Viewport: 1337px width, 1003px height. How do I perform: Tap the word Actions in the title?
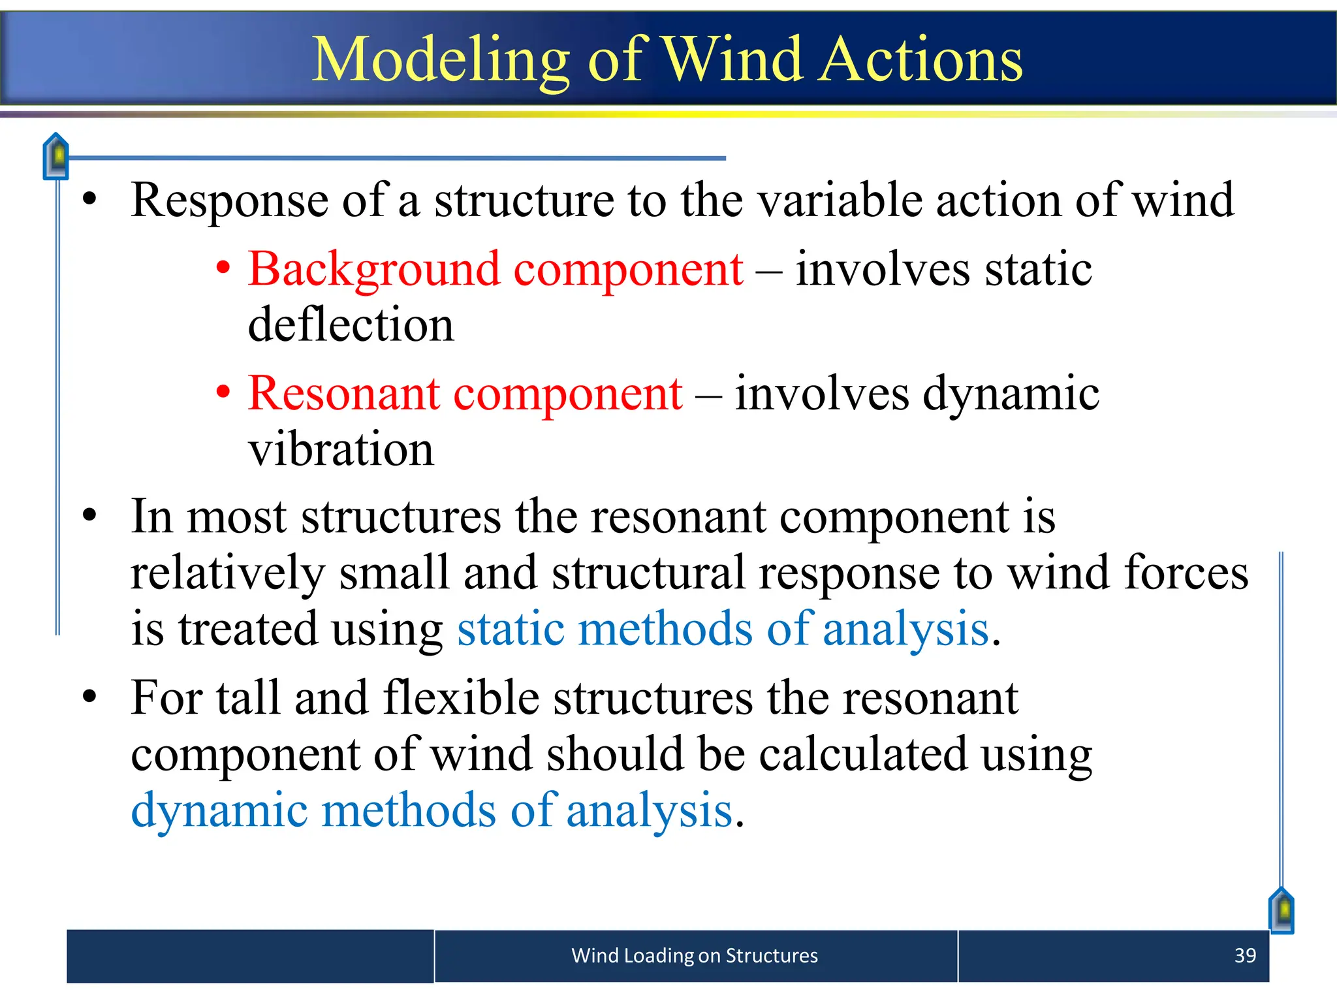point(921,60)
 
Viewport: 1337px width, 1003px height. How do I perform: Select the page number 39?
point(1245,955)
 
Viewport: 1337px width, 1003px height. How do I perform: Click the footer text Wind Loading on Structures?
point(694,955)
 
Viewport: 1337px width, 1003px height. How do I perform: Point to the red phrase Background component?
point(495,269)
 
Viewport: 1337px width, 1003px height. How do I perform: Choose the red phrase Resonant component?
point(465,394)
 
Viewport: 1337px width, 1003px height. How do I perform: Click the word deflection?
point(351,325)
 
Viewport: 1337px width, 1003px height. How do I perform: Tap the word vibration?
point(341,449)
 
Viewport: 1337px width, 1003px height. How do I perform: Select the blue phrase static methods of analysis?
point(723,629)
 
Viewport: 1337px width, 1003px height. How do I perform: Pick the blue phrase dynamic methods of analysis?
point(432,810)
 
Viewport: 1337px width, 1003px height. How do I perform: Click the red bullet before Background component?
point(223,268)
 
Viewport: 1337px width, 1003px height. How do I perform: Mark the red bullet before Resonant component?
point(223,392)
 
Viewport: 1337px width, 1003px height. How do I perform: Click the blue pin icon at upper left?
point(56,156)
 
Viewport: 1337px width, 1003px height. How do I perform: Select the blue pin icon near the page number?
point(1282,910)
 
